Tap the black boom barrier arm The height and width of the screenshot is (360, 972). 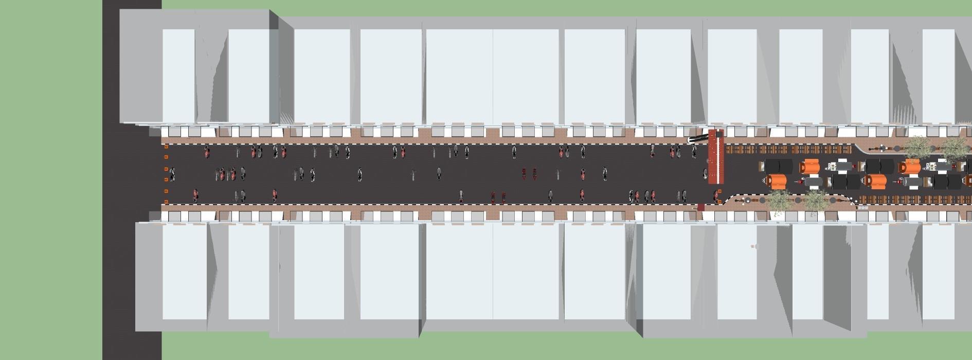coord(698,138)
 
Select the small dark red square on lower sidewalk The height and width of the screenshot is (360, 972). coord(700,207)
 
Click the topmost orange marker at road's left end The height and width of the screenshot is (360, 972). coord(166,147)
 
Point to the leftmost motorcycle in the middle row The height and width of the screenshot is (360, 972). coord(172,174)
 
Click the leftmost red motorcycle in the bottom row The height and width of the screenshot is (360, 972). coord(195,195)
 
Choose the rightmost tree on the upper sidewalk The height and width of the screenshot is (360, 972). coord(954,147)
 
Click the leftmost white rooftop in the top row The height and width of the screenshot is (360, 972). coord(178,75)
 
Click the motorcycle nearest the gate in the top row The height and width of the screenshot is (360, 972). coord(694,151)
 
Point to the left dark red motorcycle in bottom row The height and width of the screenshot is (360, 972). coord(493,196)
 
